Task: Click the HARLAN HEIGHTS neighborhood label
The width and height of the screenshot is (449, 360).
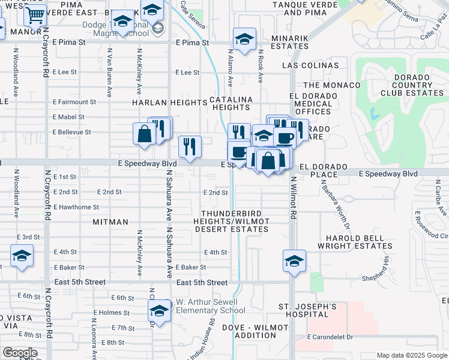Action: coord(169,103)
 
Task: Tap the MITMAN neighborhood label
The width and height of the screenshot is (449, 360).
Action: coord(110,222)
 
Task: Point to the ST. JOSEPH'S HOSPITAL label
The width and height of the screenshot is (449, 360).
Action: coord(307,311)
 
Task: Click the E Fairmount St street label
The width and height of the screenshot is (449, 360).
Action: coord(74,102)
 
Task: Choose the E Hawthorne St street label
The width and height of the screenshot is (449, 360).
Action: coord(76,207)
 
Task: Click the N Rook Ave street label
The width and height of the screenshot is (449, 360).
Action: coord(261,66)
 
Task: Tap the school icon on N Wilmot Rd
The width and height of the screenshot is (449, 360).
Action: coord(294,261)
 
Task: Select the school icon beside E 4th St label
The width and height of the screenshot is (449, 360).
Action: coord(22,256)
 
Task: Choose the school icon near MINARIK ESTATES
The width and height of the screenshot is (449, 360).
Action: coord(244,39)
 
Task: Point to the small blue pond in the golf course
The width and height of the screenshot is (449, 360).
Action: coord(375,113)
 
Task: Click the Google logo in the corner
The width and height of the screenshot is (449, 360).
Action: coord(19,353)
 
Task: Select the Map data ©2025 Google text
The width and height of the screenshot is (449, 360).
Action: coord(411,355)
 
